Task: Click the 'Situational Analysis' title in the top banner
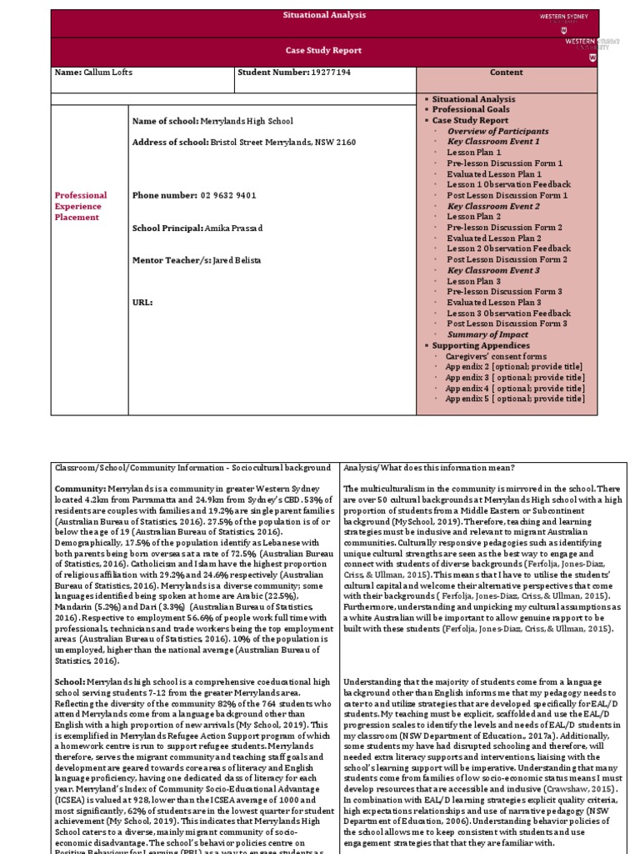324,16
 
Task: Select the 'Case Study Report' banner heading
324,51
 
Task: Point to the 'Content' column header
506,73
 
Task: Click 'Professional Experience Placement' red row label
81,206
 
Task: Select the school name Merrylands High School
251,122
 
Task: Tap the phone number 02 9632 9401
227,195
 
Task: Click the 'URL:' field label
142,302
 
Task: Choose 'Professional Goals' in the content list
471,110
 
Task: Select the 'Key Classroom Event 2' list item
493,206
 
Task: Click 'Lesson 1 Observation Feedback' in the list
508,184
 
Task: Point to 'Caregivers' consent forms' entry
497,356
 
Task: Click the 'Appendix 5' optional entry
514,399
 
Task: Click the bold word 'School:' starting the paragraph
70,682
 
